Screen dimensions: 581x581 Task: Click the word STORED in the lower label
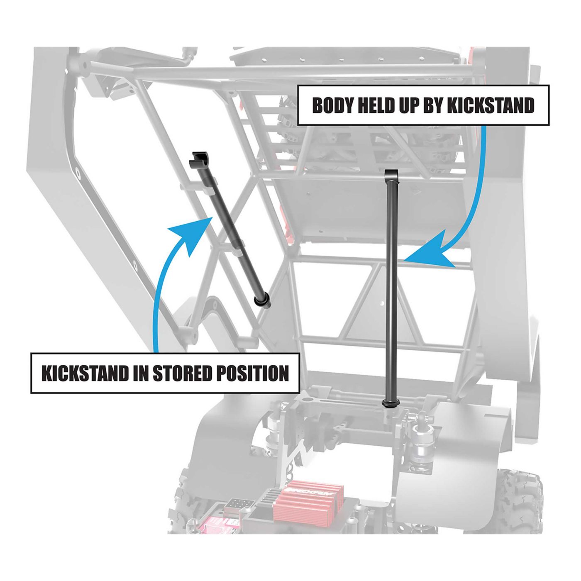click(183, 373)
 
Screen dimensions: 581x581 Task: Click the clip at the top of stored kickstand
click(199, 159)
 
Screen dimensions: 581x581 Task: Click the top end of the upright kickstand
click(391, 174)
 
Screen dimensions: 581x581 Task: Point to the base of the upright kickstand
click(391, 403)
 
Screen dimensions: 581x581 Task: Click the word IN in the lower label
click(141, 373)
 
